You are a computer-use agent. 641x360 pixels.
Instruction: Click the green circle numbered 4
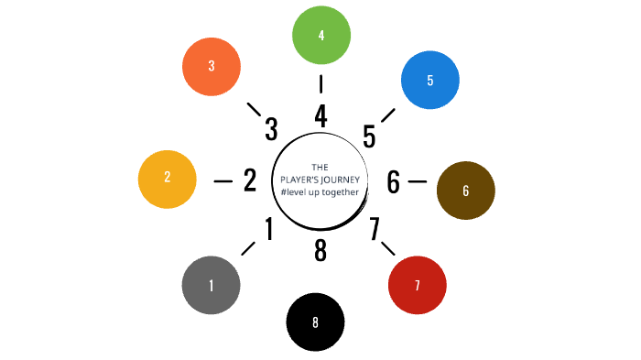[x=320, y=36]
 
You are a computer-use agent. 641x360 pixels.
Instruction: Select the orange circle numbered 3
[x=212, y=66]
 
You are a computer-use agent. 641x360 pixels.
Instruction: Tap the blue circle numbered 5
[x=430, y=80]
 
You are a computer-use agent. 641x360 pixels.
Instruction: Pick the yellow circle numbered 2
[x=167, y=179]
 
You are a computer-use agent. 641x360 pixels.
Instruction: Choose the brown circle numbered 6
[x=466, y=191]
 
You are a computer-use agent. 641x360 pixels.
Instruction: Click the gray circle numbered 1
[x=212, y=285]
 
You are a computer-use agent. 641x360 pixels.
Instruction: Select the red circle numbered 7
[x=418, y=286]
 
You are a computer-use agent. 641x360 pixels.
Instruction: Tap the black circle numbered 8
[x=315, y=322]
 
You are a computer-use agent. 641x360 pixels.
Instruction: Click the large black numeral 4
[x=320, y=116]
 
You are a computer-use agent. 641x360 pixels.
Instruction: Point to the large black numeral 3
[x=271, y=130]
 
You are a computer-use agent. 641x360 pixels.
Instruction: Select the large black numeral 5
[x=369, y=136]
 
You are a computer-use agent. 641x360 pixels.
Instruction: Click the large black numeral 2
[x=250, y=180]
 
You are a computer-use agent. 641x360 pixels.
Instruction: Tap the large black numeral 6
[x=393, y=182]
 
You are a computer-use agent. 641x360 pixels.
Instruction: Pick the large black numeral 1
[x=269, y=229]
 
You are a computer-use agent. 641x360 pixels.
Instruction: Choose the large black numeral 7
[x=375, y=229]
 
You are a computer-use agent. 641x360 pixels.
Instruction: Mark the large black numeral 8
[x=320, y=250]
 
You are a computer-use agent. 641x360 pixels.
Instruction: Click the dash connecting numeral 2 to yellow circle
[x=223, y=180]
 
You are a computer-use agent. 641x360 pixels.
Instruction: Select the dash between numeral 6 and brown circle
[x=417, y=181]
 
